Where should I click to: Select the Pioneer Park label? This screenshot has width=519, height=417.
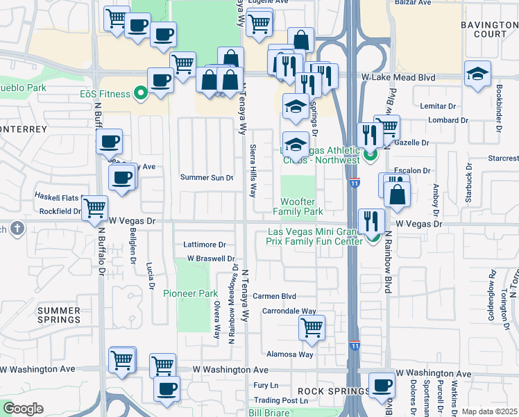(x=191, y=294)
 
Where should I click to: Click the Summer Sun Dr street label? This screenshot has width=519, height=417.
(x=207, y=177)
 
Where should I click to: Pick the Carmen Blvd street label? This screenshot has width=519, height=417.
(x=274, y=296)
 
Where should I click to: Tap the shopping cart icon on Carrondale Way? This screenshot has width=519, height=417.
(x=312, y=327)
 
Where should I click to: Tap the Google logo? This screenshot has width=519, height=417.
(x=23, y=409)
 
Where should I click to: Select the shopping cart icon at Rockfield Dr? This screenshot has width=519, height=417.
(x=94, y=206)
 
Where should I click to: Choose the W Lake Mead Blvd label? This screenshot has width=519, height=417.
(x=398, y=78)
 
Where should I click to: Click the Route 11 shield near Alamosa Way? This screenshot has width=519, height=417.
(x=355, y=345)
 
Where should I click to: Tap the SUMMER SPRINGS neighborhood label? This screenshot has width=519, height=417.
(x=59, y=315)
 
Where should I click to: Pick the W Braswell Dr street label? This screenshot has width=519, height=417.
(x=206, y=259)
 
